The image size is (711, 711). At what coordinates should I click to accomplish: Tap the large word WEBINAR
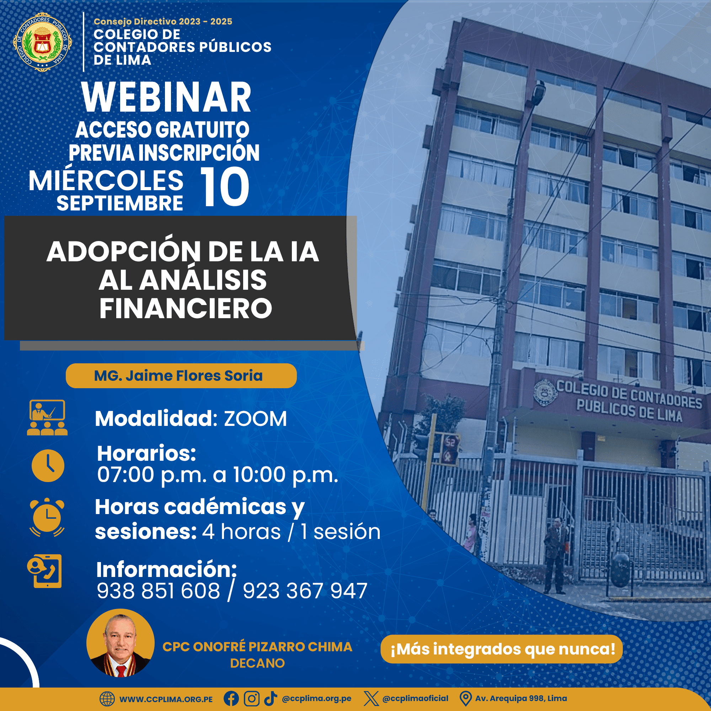pyautogui.click(x=167, y=97)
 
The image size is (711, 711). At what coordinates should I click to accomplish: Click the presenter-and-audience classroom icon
pyautogui.click(x=47, y=417)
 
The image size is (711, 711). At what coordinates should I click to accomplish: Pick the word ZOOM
pyautogui.click(x=255, y=419)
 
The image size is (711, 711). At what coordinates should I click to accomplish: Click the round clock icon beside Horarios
pyautogui.click(x=48, y=466)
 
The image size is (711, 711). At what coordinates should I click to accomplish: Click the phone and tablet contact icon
pyautogui.click(x=44, y=571)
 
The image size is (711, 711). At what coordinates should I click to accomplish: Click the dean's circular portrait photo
pyautogui.click(x=121, y=642)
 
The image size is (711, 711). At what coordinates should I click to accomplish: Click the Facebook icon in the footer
pyautogui.click(x=231, y=699)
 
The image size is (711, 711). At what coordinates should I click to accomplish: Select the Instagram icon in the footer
pyautogui.click(x=252, y=699)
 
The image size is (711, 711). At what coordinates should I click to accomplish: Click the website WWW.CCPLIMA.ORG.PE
pyautogui.click(x=166, y=699)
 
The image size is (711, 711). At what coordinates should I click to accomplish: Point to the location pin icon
pyautogui.click(x=466, y=699)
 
